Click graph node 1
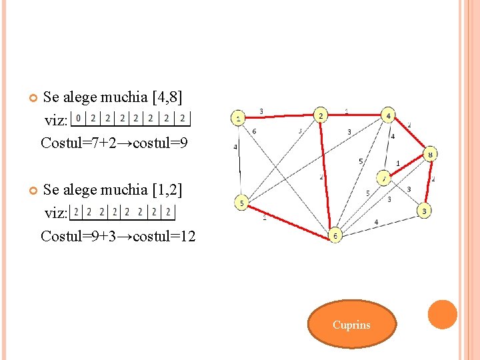click(238, 119)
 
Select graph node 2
click(321, 115)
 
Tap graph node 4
click(389, 115)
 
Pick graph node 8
click(431, 154)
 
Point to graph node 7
click(384, 179)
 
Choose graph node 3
click(425, 211)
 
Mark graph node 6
click(335, 235)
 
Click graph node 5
click(242, 201)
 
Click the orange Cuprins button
click(351, 325)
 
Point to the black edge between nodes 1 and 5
click(239, 160)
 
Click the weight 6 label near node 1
click(254, 132)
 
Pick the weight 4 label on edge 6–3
click(376, 222)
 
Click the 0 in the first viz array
click(79, 119)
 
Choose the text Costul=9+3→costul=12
click(118, 236)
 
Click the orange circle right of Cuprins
click(442, 315)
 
